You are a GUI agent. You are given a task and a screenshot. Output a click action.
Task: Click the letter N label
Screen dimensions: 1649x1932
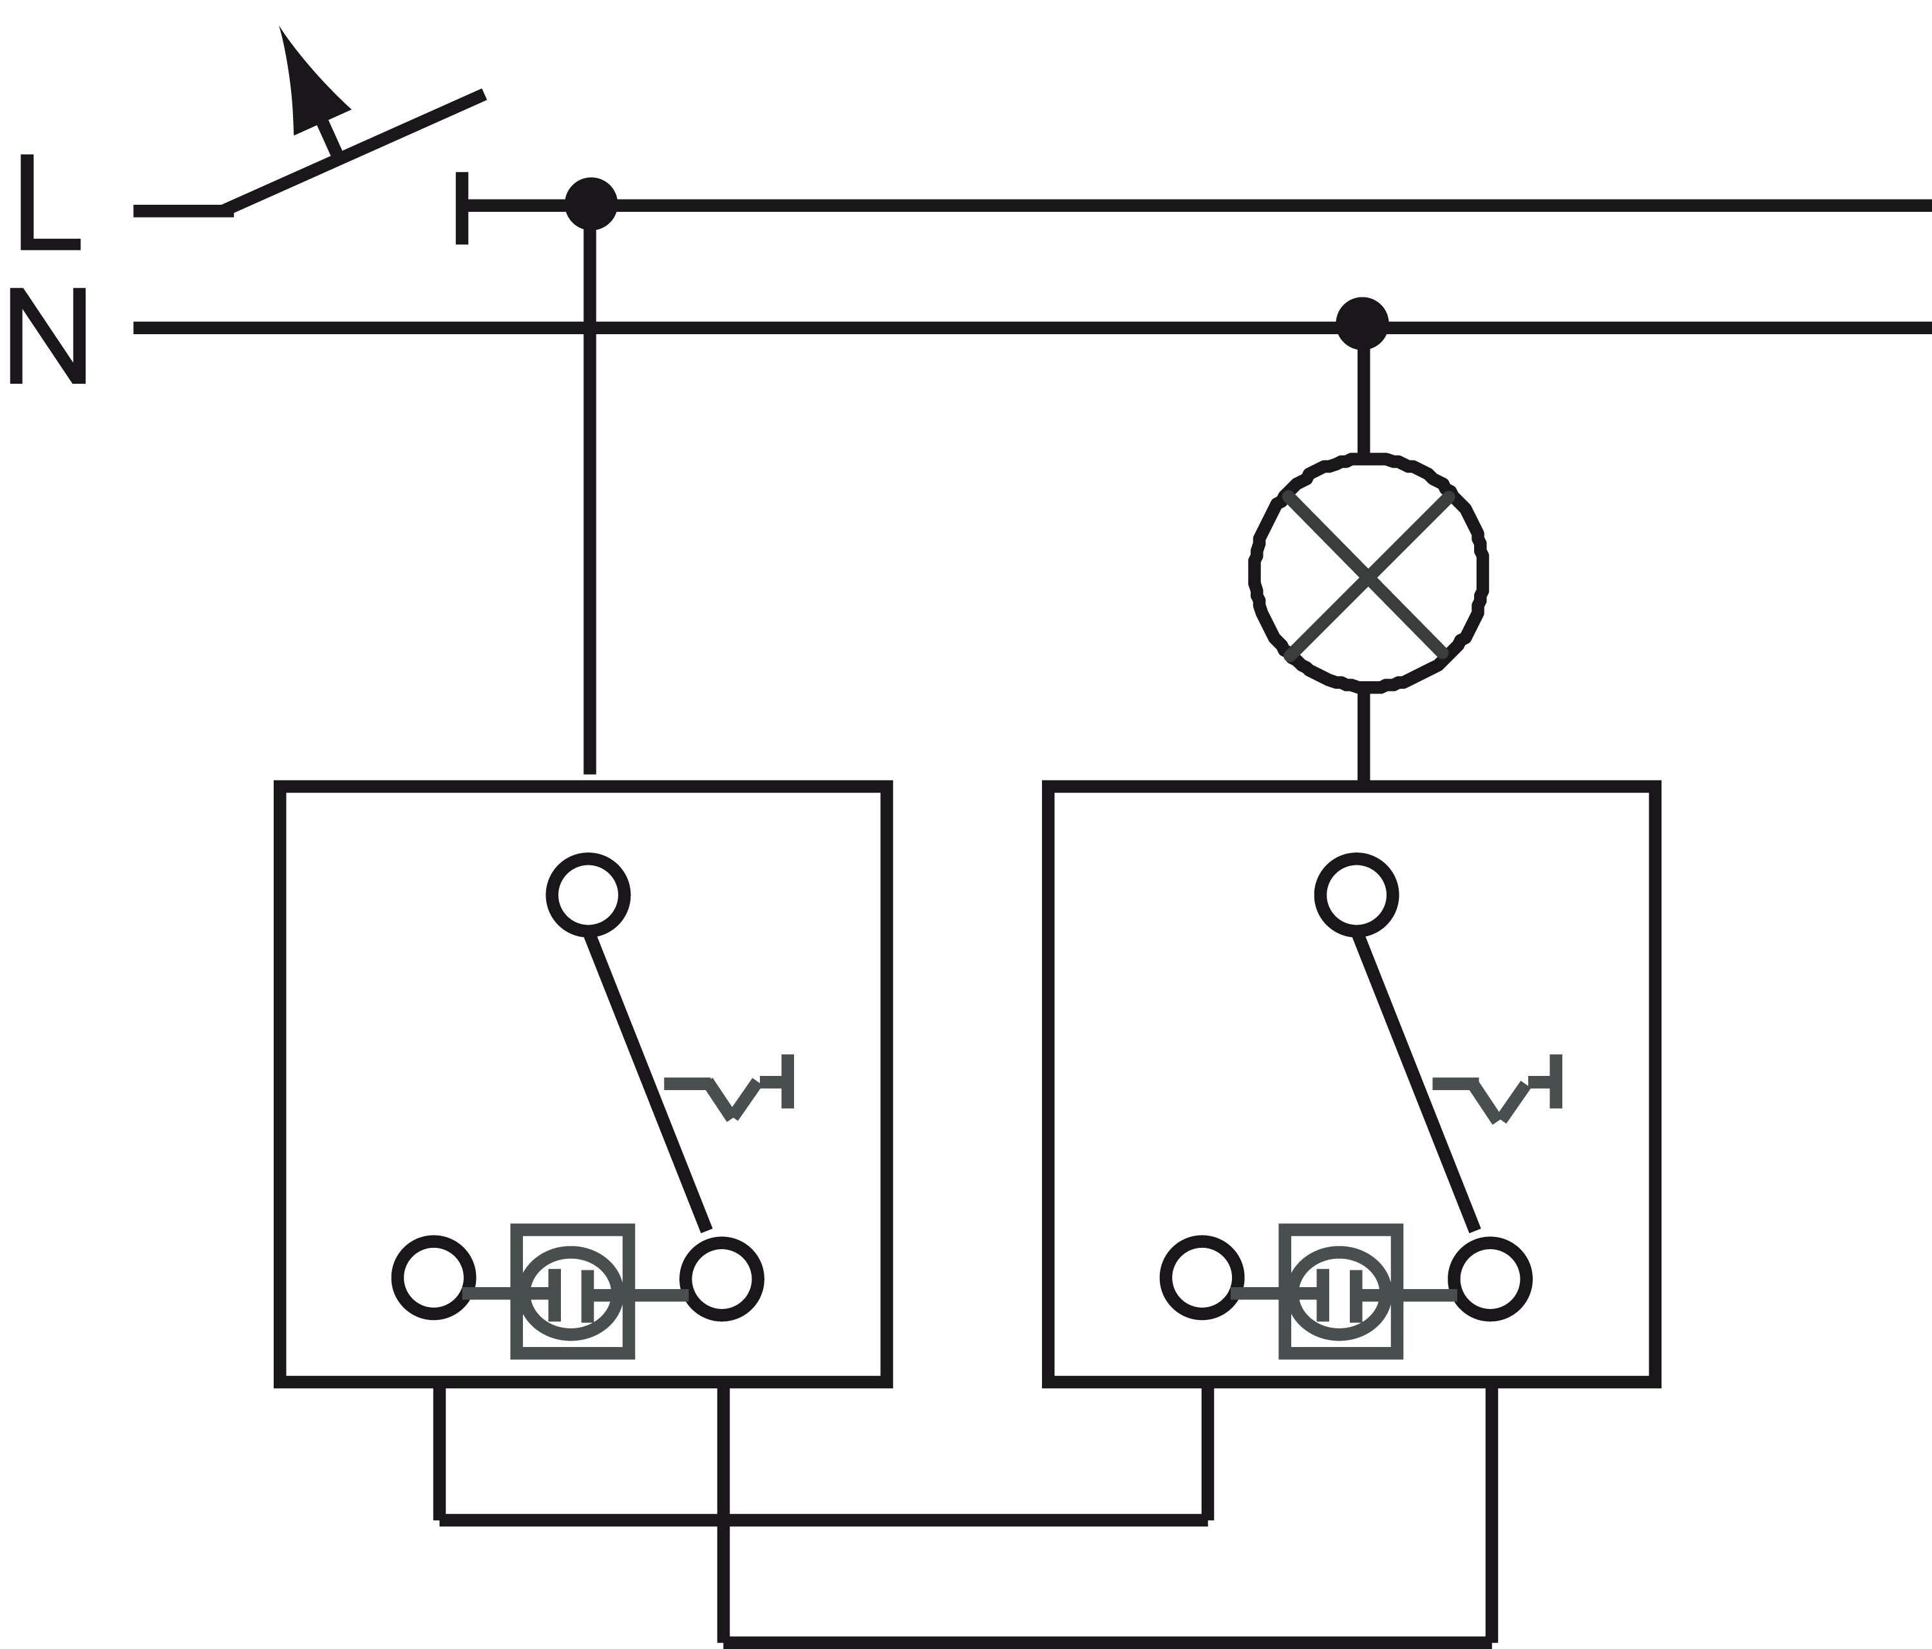(48, 335)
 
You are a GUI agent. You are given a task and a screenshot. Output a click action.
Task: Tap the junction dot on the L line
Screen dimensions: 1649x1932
(591, 203)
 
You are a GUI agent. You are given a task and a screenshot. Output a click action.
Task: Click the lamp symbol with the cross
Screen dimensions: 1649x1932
(1368, 573)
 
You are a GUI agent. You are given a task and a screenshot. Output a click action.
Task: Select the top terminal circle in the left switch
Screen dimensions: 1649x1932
(587, 895)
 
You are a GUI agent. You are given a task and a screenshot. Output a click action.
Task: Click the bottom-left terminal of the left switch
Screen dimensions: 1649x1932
(433, 1278)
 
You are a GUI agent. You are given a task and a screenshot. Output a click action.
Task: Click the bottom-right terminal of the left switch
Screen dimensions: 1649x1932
(722, 1279)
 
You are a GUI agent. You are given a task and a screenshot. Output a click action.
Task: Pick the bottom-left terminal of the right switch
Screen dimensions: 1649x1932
(1202, 1278)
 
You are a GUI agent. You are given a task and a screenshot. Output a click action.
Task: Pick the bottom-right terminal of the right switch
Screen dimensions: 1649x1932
(1490, 1279)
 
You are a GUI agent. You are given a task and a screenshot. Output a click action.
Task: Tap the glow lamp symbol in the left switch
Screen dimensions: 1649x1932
(573, 1293)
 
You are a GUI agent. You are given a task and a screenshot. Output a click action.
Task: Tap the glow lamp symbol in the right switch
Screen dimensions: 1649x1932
(1341, 1293)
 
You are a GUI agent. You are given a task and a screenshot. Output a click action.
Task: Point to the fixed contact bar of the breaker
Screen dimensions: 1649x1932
(462, 208)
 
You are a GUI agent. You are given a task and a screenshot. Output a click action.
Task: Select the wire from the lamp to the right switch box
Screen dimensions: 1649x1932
(1363, 737)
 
